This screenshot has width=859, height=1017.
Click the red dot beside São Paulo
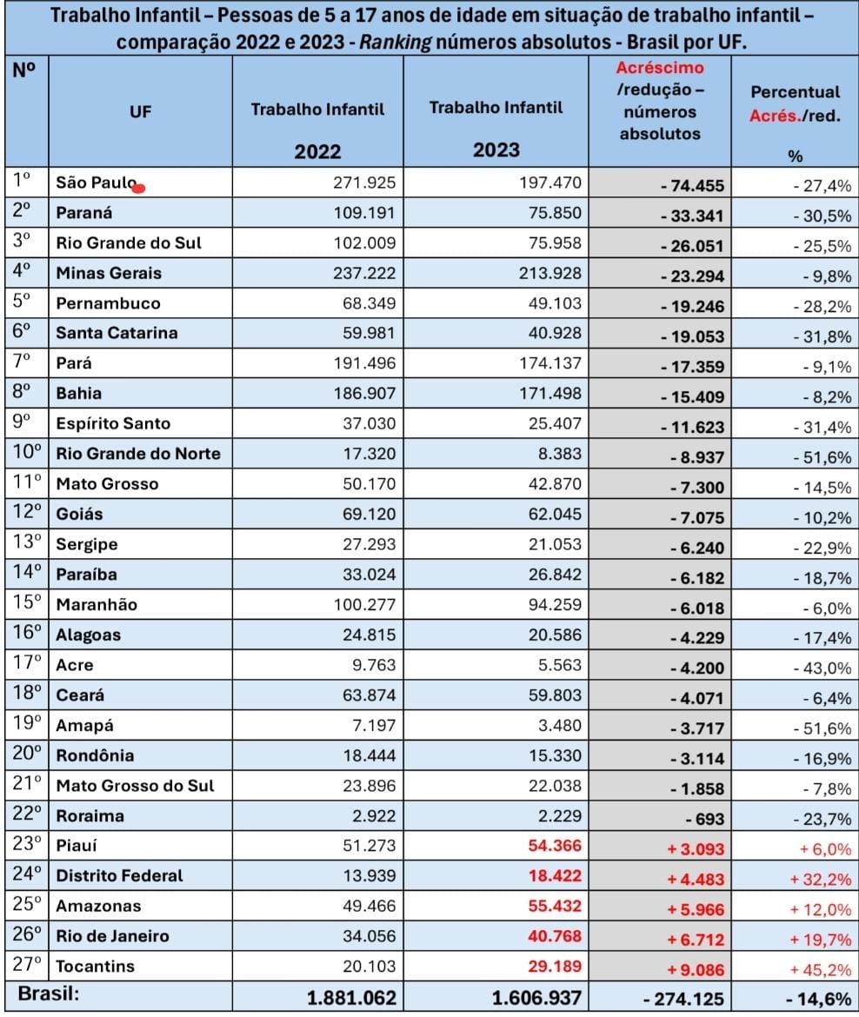click(x=138, y=188)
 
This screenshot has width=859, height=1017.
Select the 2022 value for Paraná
click(x=364, y=213)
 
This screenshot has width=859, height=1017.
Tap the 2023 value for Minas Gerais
click(x=550, y=273)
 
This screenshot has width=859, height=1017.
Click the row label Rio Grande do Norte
click(x=138, y=454)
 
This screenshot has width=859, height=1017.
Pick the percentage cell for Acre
click(x=822, y=668)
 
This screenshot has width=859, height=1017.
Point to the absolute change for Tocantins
click(x=696, y=970)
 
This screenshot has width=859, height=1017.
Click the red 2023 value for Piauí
click(x=555, y=846)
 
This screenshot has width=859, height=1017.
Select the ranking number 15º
click(x=27, y=602)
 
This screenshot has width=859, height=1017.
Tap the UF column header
click(x=140, y=111)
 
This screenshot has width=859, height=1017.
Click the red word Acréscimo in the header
click(x=660, y=68)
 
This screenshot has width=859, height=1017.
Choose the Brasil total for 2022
click(x=351, y=998)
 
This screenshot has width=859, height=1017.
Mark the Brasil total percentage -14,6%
click(x=818, y=999)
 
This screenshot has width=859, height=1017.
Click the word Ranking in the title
click(x=395, y=43)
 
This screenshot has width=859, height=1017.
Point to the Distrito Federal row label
click(x=119, y=875)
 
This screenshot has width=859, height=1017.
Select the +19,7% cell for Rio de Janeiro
click(x=820, y=939)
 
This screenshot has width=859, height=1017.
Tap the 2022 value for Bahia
click(x=364, y=393)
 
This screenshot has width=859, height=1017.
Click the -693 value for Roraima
click(x=704, y=819)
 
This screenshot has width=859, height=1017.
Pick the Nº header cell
click(x=24, y=70)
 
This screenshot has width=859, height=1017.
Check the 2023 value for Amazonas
click(x=555, y=906)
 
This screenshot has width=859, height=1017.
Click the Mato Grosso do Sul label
click(x=135, y=786)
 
